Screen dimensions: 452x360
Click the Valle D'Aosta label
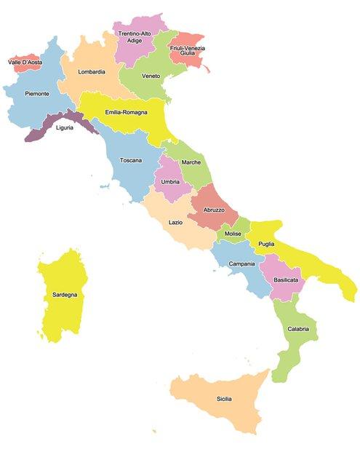point(25,63)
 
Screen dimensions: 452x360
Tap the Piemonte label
point(37,94)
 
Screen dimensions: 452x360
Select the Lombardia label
point(92,71)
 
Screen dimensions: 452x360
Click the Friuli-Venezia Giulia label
point(187,50)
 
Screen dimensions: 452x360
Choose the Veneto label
point(151,76)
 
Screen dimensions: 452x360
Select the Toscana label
point(131,159)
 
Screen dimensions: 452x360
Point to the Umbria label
point(170,181)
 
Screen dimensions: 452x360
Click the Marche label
point(191,162)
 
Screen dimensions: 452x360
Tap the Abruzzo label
point(214,210)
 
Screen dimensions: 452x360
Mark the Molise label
point(233,234)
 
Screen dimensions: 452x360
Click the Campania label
point(241,263)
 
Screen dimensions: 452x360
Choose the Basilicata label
point(285,279)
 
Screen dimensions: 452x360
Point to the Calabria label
point(297,329)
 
